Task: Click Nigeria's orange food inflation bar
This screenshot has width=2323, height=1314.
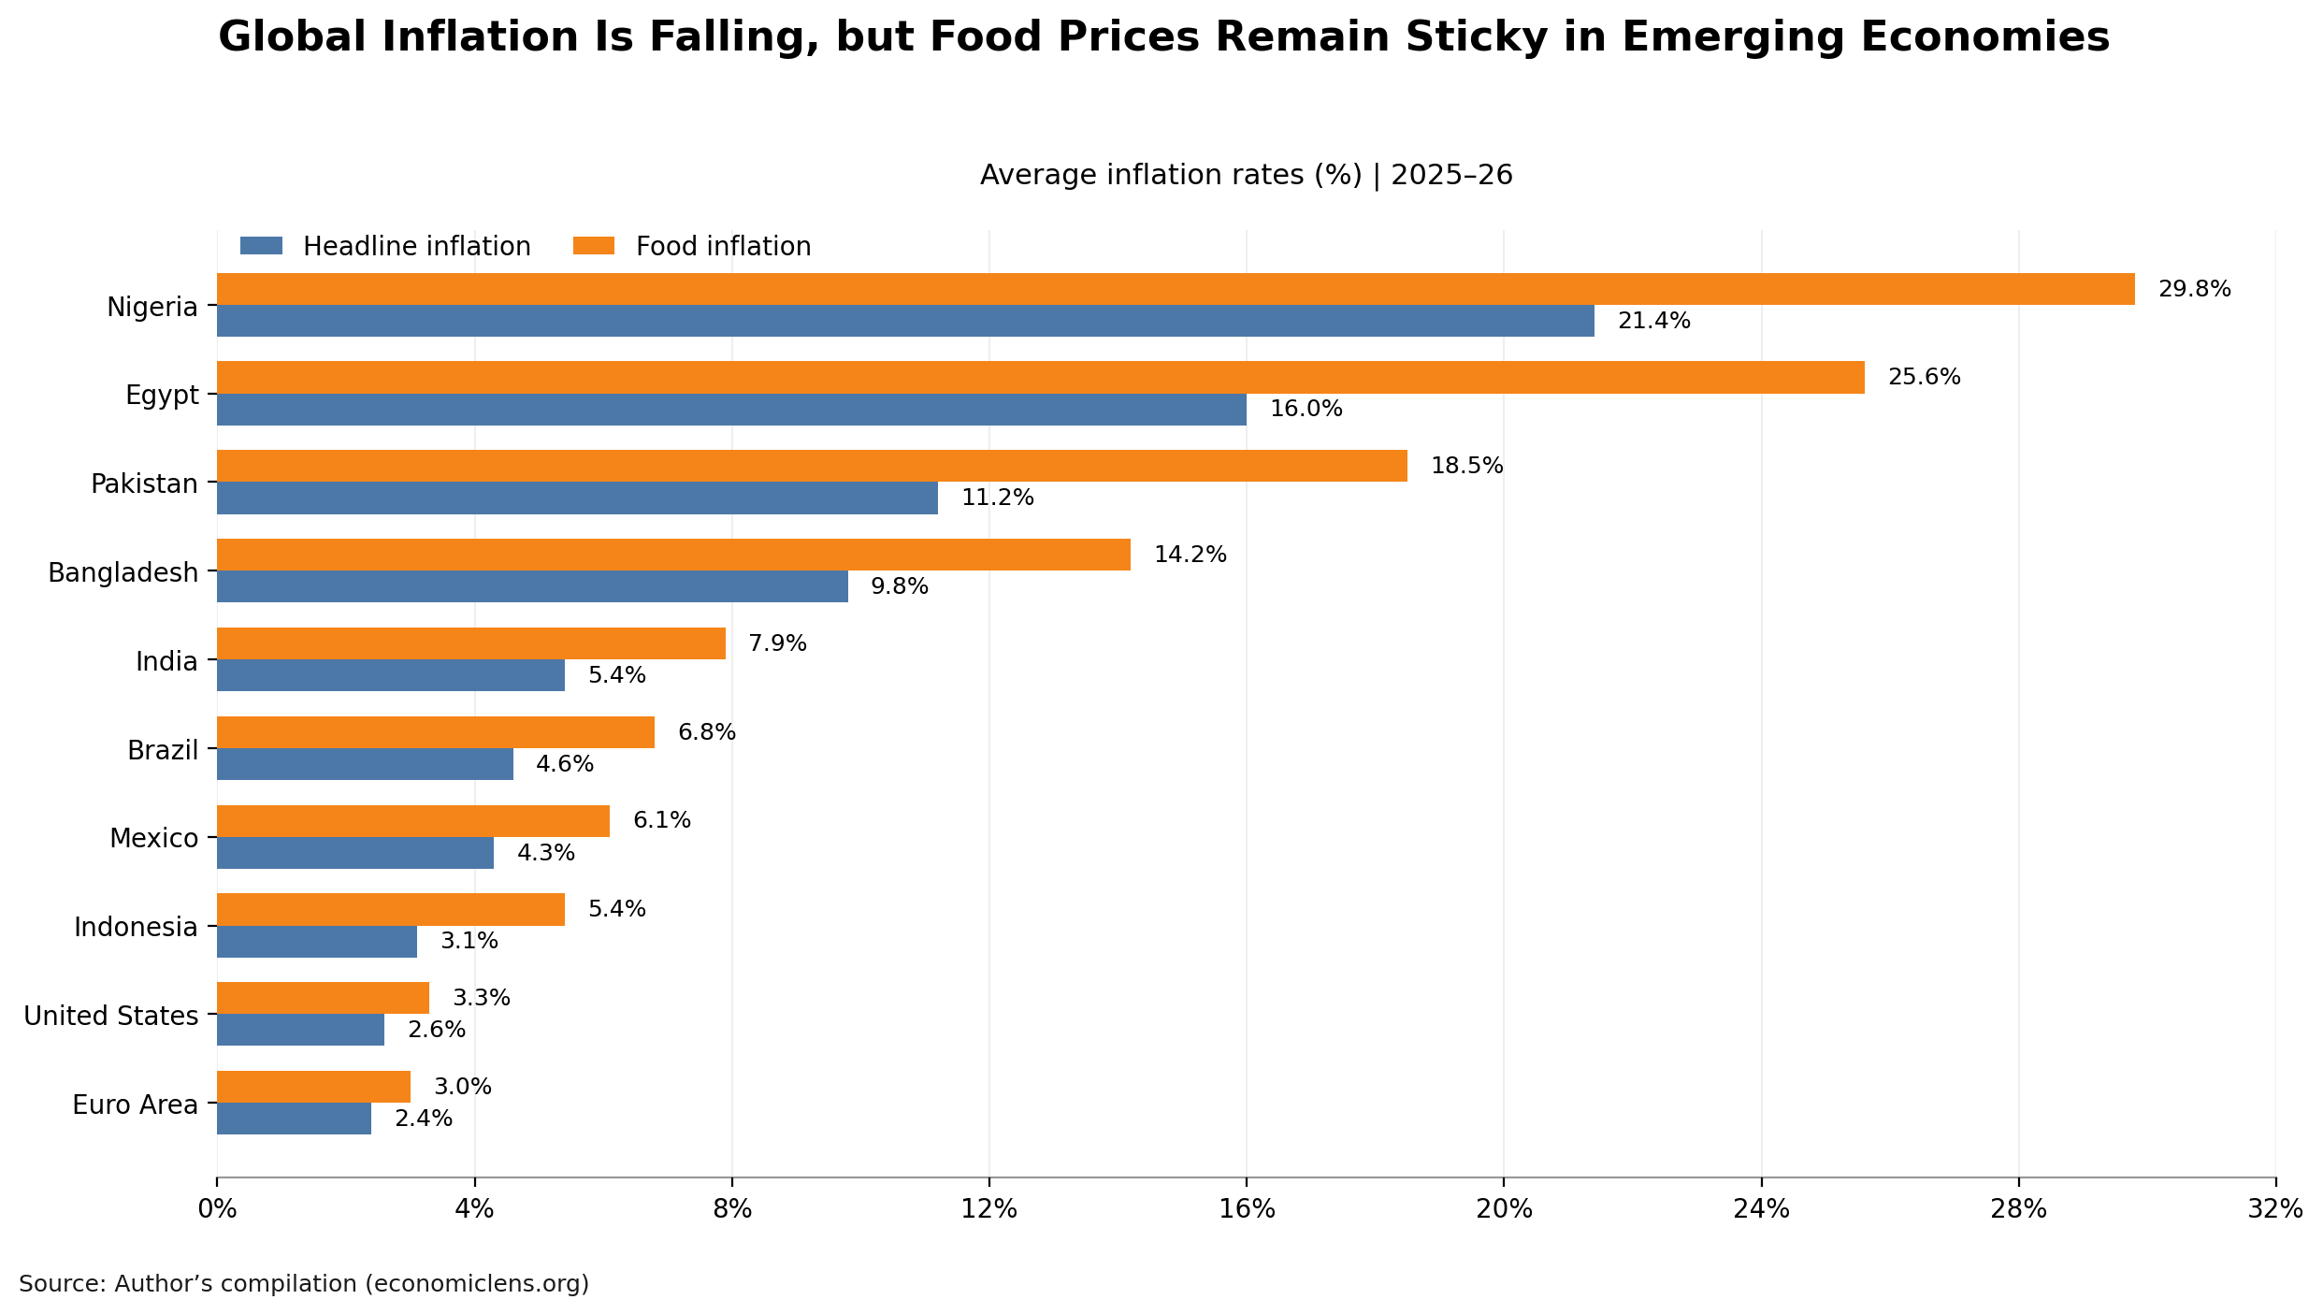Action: [x=1176, y=289]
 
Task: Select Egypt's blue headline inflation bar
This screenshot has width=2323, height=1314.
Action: [x=731, y=410]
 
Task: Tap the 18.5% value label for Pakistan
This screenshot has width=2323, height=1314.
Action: [x=1466, y=466]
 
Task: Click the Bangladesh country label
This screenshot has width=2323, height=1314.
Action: [x=123, y=572]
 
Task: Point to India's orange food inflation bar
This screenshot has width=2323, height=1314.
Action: [x=471, y=643]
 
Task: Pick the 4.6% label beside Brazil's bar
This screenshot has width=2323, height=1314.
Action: [x=564, y=764]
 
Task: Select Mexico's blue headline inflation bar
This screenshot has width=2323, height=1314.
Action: [x=355, y=853]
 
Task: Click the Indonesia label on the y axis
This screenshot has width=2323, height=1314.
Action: [x=136, y=927]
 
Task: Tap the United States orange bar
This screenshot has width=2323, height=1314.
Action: [x=323, y=998]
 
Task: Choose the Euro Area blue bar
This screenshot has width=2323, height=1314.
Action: [x=294, y=1119]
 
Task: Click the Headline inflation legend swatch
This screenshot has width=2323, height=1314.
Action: [x=261, y=246]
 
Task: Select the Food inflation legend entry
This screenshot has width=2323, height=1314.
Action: [x=723, y=247]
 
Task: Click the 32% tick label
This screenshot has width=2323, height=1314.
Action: [x=2274, y=1209]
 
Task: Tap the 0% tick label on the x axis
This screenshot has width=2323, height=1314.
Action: [x=217, y=1209]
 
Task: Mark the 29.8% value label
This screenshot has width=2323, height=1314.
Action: [x=2194, y=289]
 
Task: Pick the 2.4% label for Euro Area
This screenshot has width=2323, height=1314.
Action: [x=423, y=1119]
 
